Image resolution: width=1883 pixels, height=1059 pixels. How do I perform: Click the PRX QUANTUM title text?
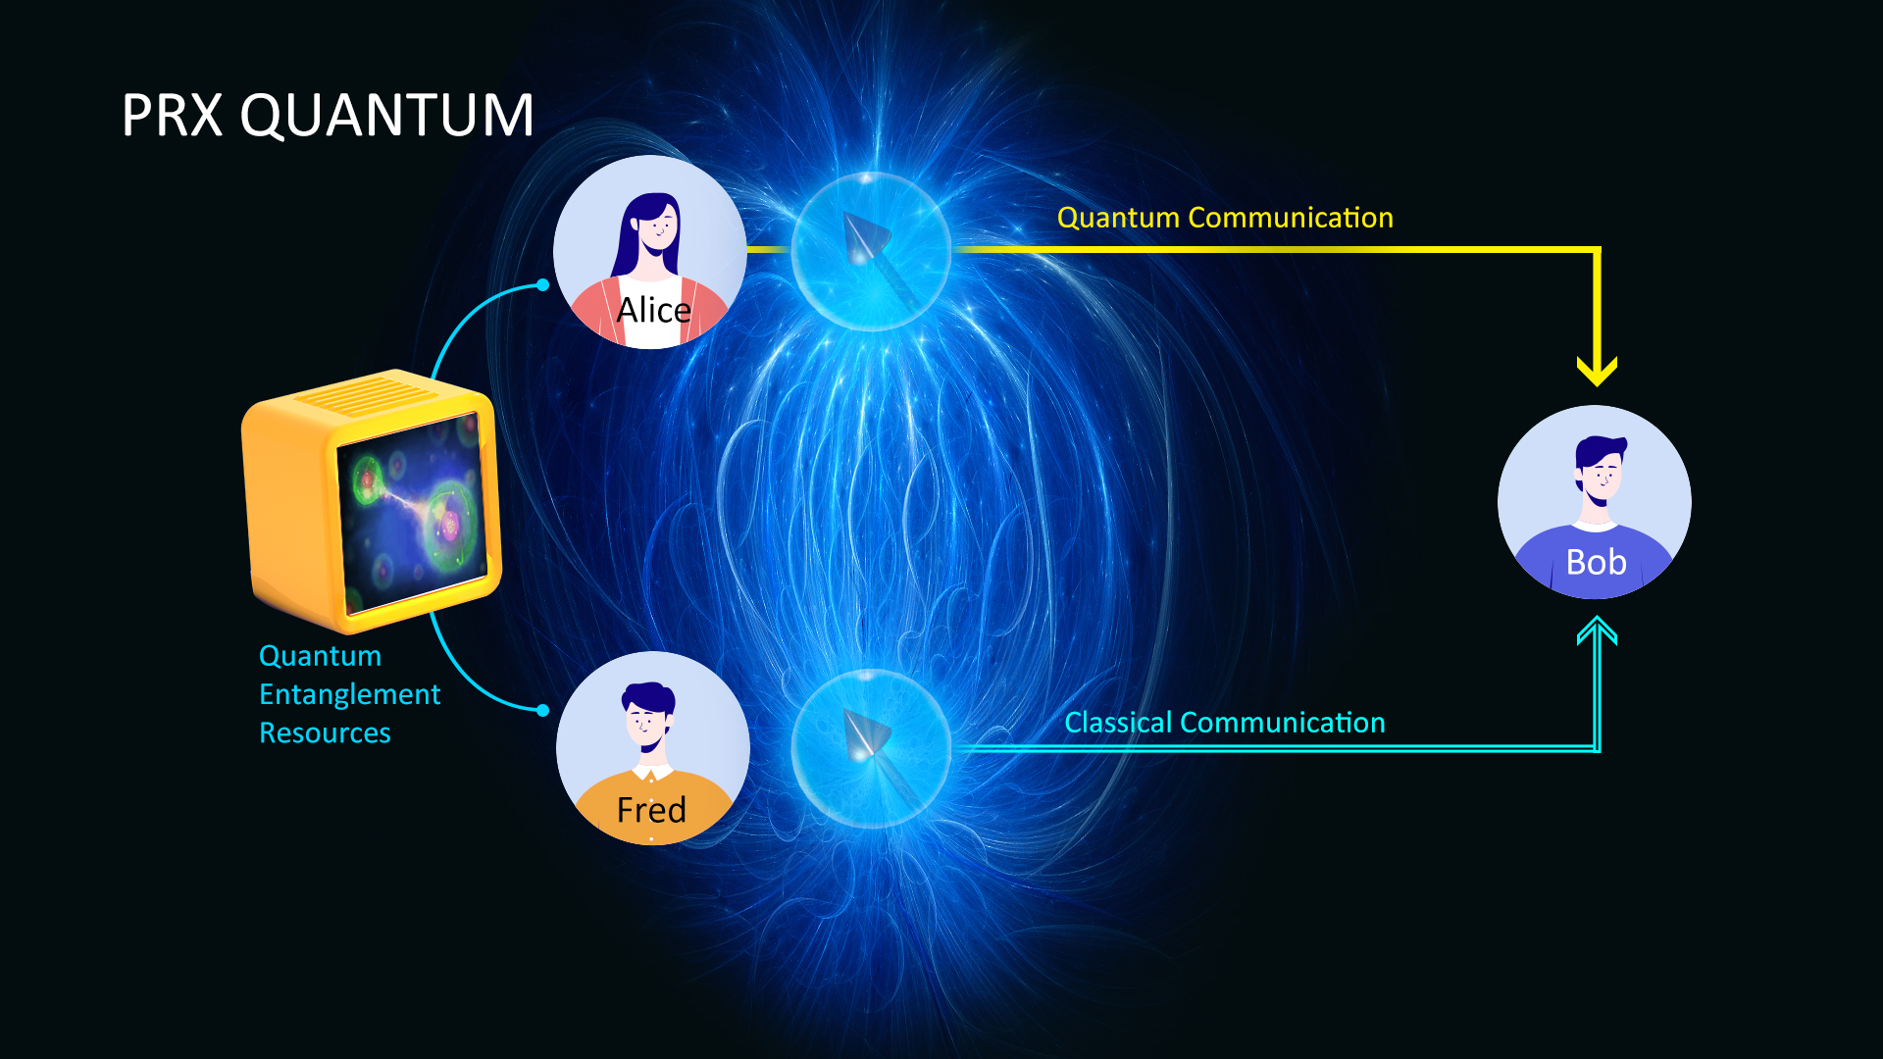pyautogui.click(x=328, y=115)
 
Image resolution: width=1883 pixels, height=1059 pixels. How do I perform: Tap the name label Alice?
pyautogui.click(x=654, y=310)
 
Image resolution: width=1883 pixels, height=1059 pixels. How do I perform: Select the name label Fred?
pyautogui.click(x=651, y=810)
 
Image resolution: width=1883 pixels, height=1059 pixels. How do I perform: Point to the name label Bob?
pyautogui.click(x=1596, y=562)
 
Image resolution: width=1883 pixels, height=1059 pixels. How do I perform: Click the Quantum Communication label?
pyautogui.click(x=1225, y=218)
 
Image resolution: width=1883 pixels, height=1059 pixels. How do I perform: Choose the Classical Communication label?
pyautogui.click(x=1225, y=723)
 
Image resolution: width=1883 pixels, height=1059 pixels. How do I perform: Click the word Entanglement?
pyautogui.click(x=350, y=695)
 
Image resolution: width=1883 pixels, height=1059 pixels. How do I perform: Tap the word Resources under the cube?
pyautogui.click(x=325, y=733)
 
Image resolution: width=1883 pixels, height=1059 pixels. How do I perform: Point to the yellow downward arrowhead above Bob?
pyautogui.click(x=1597, y=371)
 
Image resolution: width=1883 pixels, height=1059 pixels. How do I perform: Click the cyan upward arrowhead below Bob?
pyautogui.click(x=1597, y=630)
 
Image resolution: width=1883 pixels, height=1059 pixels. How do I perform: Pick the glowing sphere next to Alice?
pyautogui.click(x=871, y=251)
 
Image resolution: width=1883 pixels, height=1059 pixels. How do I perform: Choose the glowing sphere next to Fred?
pyautogui.click(x=871, y=748)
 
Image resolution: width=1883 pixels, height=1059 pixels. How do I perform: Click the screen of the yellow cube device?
pyautogui.click(x=412, y=511)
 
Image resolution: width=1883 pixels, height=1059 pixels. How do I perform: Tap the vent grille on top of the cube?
pyautogui.click(x=367, y=396)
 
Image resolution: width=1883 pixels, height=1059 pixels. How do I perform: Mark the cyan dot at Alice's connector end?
pyautogui.click(x=542, y=285)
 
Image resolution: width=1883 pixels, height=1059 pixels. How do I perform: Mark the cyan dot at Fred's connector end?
pyautogui.click(x=542, y=710)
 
